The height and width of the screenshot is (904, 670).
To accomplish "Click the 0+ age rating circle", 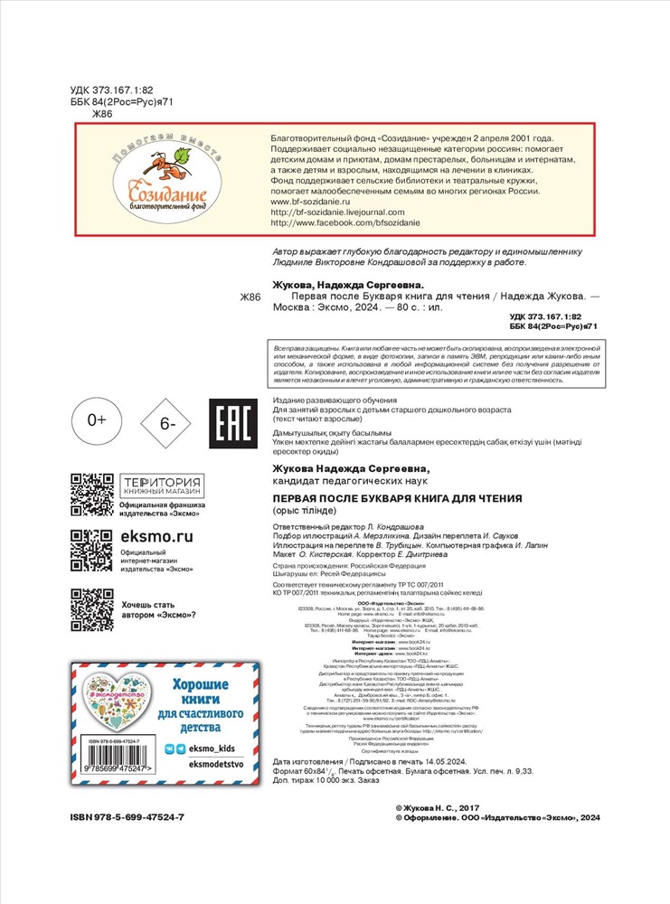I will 97,420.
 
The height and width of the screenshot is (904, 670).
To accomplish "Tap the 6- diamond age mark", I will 169,422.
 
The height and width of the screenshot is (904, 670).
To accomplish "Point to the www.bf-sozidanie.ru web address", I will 312,203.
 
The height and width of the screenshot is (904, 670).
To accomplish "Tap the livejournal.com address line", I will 340,213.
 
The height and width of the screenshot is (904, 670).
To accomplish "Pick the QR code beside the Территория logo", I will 91,494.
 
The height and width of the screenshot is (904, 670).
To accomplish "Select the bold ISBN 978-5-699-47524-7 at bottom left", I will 127,843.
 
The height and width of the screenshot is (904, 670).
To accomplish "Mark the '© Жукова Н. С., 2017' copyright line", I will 444,829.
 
